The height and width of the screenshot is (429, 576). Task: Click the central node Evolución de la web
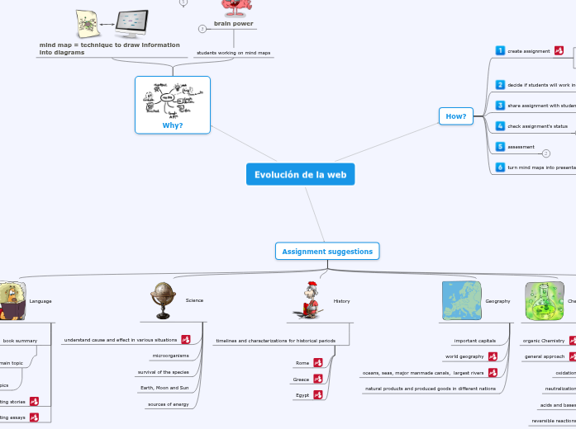(x=300, y=174)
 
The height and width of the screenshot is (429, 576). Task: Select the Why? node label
(x=173, y=125)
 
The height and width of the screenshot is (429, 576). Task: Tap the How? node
(x=456, y=116)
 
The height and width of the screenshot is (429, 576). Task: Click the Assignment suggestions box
(x=327, y=251)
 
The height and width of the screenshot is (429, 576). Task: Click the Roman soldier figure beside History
(x=311, y=300)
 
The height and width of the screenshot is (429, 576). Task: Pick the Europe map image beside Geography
(x=462, y=300)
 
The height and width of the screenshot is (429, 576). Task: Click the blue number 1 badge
(x=500, y=50)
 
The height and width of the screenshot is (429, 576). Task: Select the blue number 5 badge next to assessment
(x=500, y=146)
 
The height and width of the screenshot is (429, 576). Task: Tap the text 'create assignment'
(x=528, y=51)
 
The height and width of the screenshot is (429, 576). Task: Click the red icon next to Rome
(x=317, y=363)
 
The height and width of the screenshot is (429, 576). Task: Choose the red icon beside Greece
(x=317, y=379)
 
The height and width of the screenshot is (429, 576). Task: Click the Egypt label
(x=302, y=396)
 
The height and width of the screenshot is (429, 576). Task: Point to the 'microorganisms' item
(x=170, y=356)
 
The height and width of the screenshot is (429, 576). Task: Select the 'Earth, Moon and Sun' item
(x=164, y=388)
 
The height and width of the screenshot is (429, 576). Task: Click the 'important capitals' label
(x=474, y=340)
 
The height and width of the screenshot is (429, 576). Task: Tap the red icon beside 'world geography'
(x=492, y=356)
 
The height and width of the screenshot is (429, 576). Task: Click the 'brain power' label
(x=234, y=23)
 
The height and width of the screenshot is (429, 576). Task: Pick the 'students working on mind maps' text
(x=233, y=53)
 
